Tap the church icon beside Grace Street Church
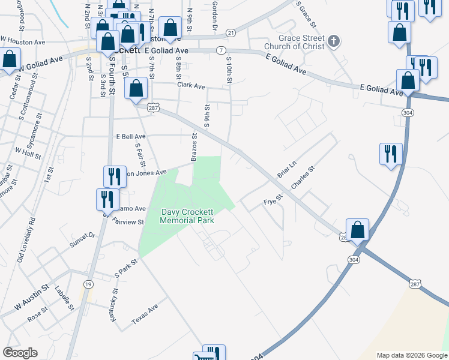(x=334, y=42)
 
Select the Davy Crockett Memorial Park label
(x=187, y=216)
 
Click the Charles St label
(x=302, y=178)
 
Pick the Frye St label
(x=273, y=201)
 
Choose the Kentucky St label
(x=113, y=304)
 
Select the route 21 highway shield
(x=231, y=32)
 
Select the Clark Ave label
(x=191, y=85)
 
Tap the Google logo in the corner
(x=20, y=353)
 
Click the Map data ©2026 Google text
(x=411, y=355)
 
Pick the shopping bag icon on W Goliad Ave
(x=10, y=61)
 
